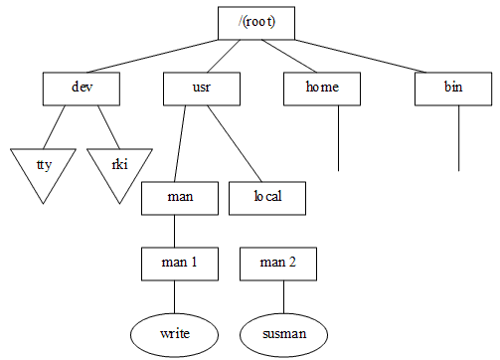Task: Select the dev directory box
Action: coord(82,88)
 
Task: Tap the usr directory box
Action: coord(201,88)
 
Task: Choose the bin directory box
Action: coord(453,88)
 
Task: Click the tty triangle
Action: coord(43,167)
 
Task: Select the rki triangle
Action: coord(119,167)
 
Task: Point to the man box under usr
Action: coord(180,197)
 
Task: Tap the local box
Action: coord(267,197)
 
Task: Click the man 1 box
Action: coord(180,264)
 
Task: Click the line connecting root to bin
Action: coord(368,57)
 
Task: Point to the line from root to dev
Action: coord(150,56)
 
